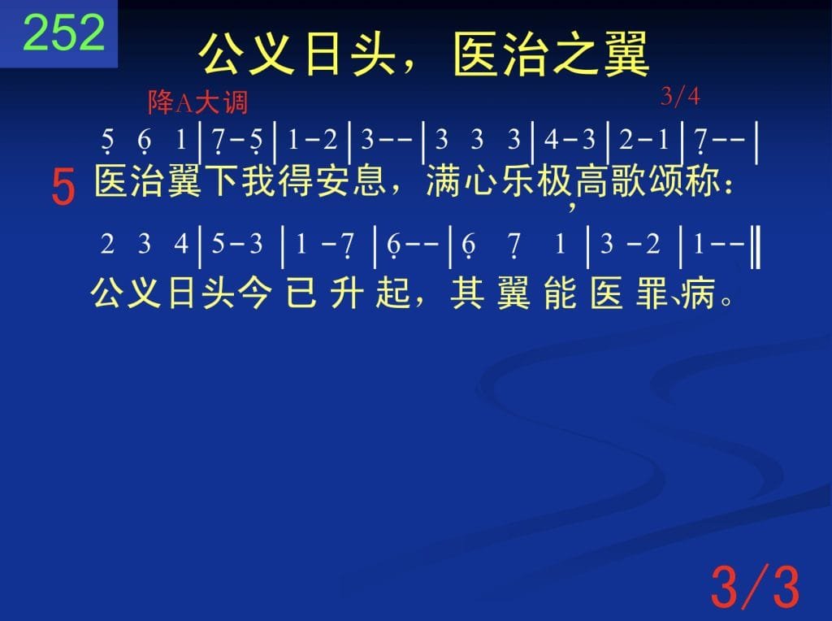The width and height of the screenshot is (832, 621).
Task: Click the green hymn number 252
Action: click(x=64, y=33)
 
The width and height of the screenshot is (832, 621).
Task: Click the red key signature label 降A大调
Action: click(x=197, y=102)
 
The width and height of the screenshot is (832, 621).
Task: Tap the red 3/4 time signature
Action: click(x=680, y=96)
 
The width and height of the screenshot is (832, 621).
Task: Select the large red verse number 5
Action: click(x=63, y=186)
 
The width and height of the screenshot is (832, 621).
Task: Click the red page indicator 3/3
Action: click(x=755, y=587)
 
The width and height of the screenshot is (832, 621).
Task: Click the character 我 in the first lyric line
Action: click(x=258, y=180)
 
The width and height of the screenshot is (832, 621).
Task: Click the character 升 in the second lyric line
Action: click(x=347, y=293)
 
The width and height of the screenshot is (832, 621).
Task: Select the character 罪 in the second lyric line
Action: click(x=652, y=293)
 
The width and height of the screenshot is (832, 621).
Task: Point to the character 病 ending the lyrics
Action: click(x=698, y=293)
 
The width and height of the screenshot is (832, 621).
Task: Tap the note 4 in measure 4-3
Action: click(x=552, y=140)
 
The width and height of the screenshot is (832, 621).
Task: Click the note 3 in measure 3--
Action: click(x=367, y=140)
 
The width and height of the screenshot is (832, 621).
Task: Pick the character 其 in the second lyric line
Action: click(x=467, y=293)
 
